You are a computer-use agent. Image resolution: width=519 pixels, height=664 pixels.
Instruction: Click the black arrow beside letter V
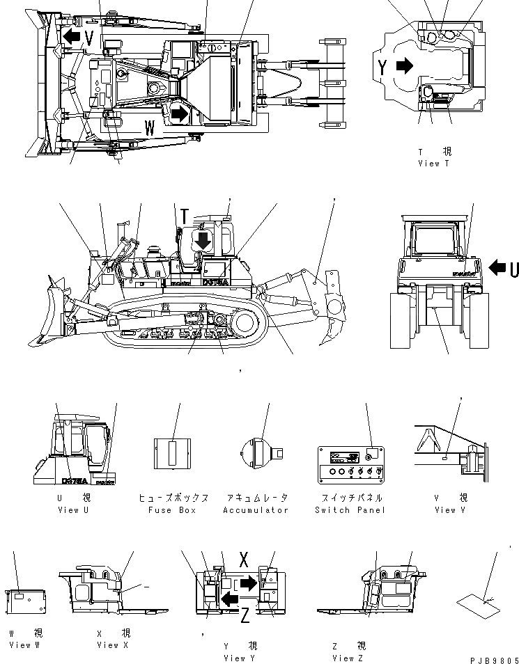[x=70, y=37]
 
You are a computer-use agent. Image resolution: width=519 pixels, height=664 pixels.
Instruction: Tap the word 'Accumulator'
[x=256, y=510]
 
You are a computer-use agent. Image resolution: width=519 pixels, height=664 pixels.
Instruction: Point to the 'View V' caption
[x=444, y=510]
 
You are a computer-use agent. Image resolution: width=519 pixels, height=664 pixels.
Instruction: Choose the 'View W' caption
[x=25, y=645]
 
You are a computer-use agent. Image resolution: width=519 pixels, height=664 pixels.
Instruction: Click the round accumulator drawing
[x=257, y=449]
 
